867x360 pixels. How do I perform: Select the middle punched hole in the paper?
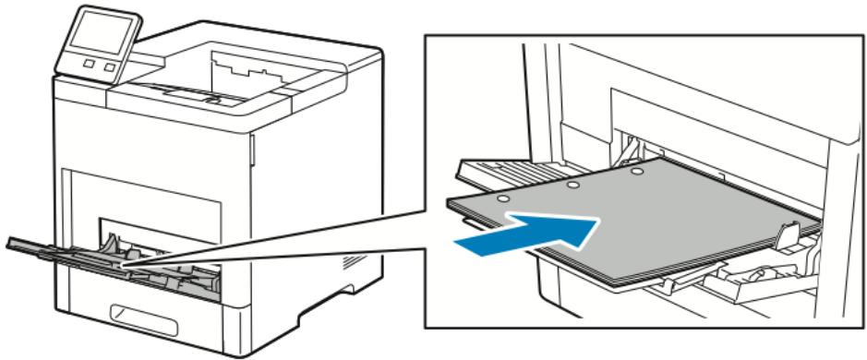572,186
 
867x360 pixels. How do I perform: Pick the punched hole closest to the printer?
636,172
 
